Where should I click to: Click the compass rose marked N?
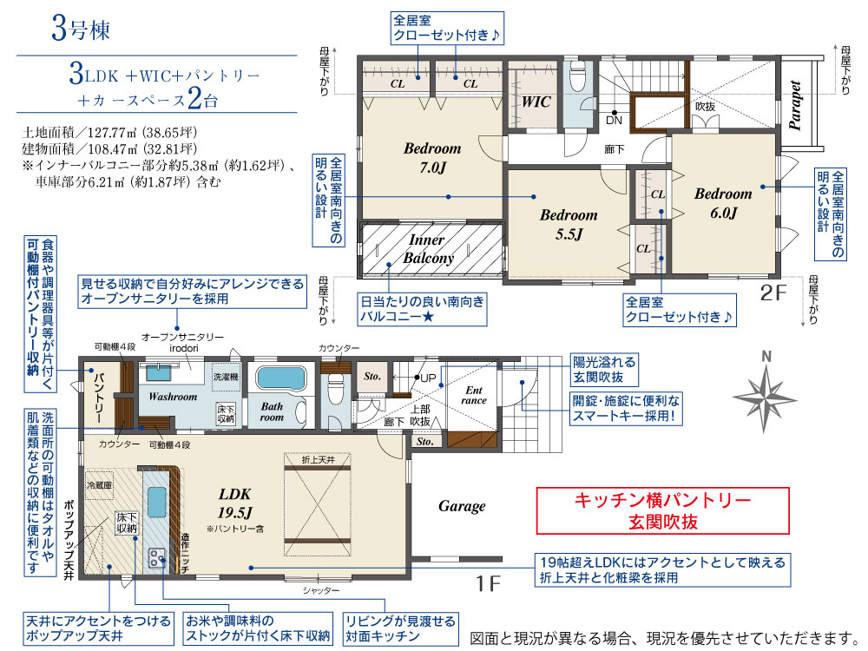click(765, 398)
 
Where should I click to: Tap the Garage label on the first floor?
click(462, 507)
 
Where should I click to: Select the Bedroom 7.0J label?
click(432, 158)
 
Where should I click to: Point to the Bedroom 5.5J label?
click(569, 224)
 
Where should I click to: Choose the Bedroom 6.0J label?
click(723, 203)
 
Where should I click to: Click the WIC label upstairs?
click(536, 102)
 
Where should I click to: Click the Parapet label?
click(795, 106)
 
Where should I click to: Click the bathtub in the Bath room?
click(280, 378)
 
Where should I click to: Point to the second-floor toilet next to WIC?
click(577, 77)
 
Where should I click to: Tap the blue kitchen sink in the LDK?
click(157, 502)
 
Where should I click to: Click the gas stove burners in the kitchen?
click(156, 558)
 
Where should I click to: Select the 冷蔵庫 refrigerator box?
click(99, 485)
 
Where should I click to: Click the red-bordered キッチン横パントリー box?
click(662, 510)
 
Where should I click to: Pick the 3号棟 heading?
click(81, 29)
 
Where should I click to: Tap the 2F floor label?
click(773, 293)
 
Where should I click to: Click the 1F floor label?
click(488, 583)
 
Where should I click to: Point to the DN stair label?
click(614, 120)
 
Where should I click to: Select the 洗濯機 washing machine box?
click(226, 376)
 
